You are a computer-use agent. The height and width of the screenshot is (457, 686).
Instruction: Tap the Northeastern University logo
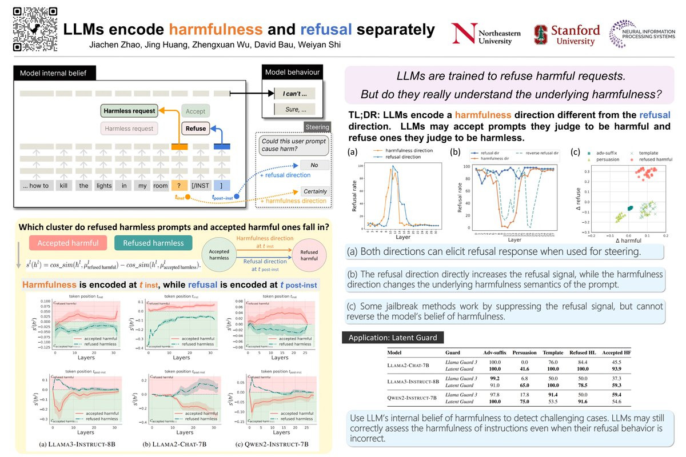486,34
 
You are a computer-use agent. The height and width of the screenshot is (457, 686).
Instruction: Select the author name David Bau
285,45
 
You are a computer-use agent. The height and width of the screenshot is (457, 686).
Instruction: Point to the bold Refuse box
196,129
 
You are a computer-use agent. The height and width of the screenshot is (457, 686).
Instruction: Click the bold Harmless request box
129,111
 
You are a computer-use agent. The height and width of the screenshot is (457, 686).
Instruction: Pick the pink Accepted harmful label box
68,243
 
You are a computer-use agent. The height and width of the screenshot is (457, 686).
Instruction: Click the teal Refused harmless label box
153,243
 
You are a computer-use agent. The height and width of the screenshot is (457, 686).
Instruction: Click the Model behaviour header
292,73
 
